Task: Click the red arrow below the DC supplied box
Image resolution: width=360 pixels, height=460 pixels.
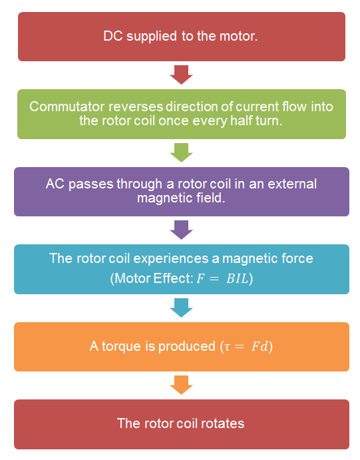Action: (x=181, y=75)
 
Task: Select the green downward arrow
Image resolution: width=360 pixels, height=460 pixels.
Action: (x=181, y=152)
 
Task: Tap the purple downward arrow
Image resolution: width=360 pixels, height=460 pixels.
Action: (x=181, y=230)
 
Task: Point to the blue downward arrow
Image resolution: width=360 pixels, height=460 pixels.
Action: (x=181, y=308)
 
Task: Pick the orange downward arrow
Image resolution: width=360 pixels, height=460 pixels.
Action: (x=181, y=385)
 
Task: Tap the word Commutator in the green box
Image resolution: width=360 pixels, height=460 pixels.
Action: (x=67, y=107)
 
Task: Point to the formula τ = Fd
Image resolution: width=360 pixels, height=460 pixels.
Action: (x=246, y=346)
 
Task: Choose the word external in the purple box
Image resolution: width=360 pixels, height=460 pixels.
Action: (x=292, y=184)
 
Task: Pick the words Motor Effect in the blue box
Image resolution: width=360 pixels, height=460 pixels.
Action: (x=153, y=278)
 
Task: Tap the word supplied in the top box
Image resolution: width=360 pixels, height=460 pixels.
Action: (x=152, y=37)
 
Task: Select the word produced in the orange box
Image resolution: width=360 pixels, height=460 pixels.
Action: (x=187, y=347)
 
